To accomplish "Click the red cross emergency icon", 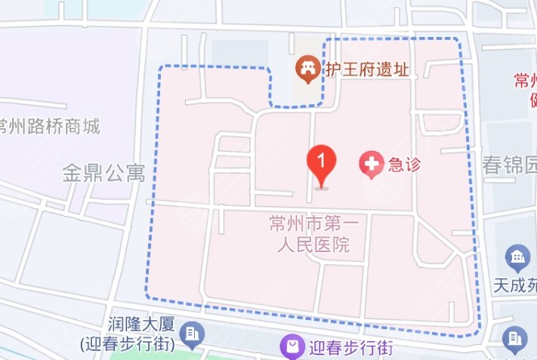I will [371, 164].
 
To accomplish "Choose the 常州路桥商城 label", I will [50, 125].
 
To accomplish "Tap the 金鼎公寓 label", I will [103, 174].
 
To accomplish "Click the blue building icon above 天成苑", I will [517, 258].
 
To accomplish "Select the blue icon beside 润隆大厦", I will [193, 334].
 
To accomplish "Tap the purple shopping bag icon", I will [291, 347].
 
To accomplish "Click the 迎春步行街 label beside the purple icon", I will [350, 348].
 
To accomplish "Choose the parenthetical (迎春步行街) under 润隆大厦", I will [128, 343].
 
